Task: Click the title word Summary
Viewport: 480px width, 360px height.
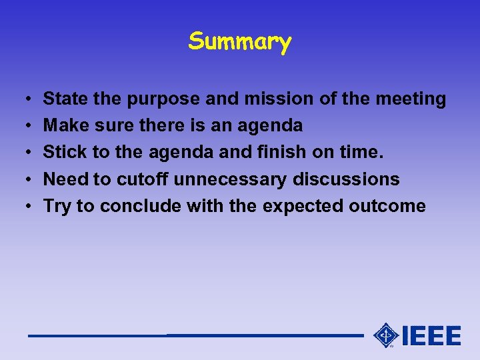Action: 240,42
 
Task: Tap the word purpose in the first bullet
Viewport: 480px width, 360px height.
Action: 163,99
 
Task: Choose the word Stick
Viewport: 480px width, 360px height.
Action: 65,152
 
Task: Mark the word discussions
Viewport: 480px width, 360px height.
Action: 346,179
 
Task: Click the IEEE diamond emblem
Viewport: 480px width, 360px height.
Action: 386,335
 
